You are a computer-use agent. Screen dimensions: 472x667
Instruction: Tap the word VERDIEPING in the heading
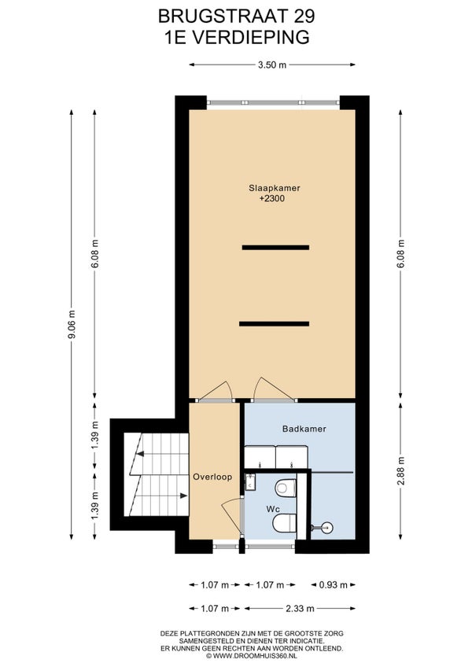pos(250,37)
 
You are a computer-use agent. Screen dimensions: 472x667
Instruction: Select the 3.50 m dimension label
pos(272,64)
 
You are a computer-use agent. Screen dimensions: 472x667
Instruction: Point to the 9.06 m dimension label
pos(72,324)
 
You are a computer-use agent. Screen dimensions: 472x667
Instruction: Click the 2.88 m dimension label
pos(401,471)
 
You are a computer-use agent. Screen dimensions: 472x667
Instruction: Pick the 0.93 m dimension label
pos(334,585)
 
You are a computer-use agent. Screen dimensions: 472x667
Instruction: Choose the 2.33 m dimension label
pos(300,609)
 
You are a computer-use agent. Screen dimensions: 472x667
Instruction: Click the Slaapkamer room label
pos(275,187)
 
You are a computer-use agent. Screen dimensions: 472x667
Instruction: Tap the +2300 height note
pos(272,198)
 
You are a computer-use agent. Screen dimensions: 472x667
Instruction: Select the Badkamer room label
pos(304,429)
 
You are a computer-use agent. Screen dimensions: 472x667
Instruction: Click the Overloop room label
pos(213,477)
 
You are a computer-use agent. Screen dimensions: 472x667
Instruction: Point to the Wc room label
pos(273,509)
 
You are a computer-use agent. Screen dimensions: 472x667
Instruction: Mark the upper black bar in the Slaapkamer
pos(275,247)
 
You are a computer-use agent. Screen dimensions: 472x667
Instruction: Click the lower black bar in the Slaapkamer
pos(274,324)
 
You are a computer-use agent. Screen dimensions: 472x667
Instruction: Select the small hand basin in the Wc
pos(250,482)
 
